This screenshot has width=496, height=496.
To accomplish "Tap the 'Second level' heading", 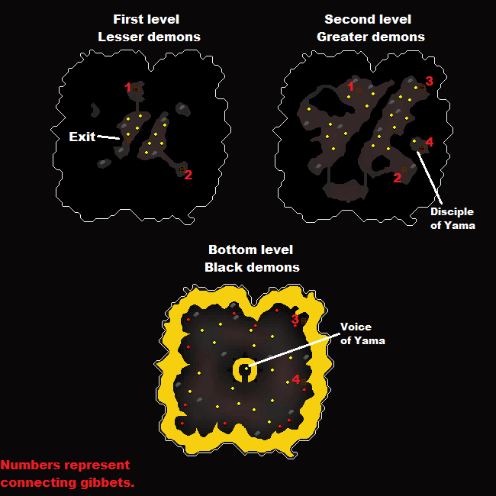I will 368,19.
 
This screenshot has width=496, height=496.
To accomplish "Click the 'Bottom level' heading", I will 250,250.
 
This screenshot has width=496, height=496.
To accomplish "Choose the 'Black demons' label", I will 252,267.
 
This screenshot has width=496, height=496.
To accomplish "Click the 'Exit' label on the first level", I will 82,137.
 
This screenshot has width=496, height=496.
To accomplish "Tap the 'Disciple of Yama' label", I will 452,218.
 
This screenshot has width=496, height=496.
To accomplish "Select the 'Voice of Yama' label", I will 362,333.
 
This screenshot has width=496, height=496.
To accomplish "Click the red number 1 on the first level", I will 128,88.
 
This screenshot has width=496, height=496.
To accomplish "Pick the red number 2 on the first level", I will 188,175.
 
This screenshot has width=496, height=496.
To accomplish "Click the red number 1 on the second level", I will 350,87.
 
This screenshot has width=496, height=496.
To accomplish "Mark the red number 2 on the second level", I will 397,178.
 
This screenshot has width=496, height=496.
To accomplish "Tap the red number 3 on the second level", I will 430,81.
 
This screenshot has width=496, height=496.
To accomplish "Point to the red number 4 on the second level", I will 429,142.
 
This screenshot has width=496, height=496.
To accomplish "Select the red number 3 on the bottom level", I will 295,319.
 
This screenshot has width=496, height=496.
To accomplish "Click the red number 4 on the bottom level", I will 296,379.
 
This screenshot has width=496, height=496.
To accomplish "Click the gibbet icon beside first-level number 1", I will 137,89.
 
